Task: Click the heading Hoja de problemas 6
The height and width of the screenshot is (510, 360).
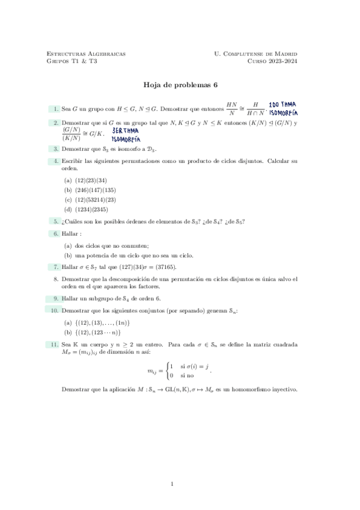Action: pyautogui.click(x=180, y=85)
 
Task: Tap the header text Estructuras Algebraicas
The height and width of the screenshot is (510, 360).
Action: pyautogui.click(x=86, y=54)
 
